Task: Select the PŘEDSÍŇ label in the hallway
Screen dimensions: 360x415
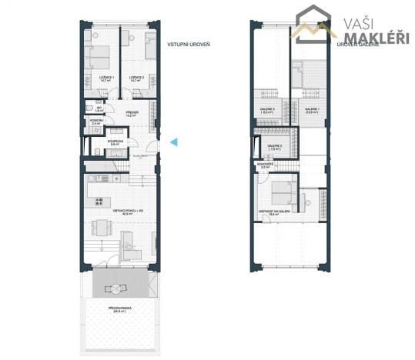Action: tap(132, 115)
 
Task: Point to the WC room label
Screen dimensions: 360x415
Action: tap(99, 109)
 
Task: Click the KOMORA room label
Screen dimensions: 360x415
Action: tap(97, 122)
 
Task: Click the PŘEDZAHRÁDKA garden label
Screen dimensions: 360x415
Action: tap(120, 309)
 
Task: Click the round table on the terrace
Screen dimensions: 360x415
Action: tap(118, 288)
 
